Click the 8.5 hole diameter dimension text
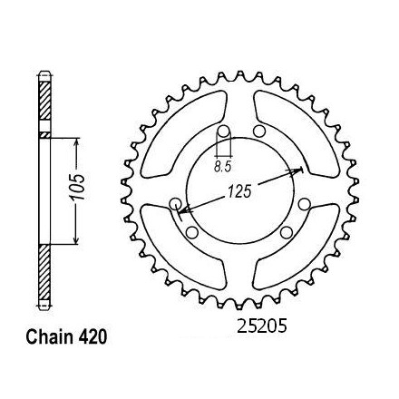[x=222, y=167]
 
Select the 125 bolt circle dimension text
[x=239, y=191]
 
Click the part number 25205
[x=262, y=326]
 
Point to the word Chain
[x=47, y=337]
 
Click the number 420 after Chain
[x=89, y=337]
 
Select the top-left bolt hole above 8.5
[x=224, y=131]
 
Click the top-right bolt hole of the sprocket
[x=258, y=131]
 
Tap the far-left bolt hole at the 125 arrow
[x=175, y=205]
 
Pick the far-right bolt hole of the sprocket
[x=304, y=204]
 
